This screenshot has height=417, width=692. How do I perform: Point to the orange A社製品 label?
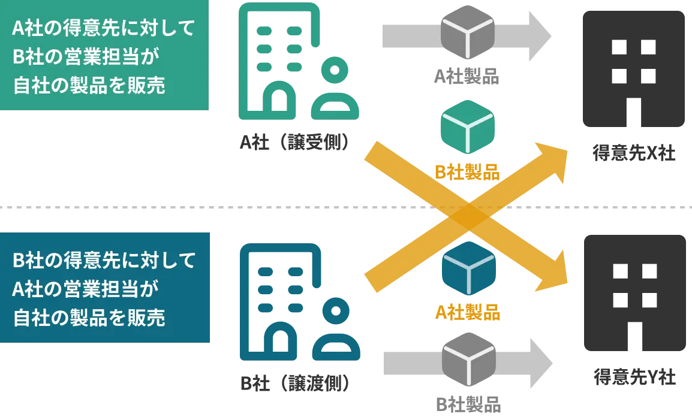pos(468,312)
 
